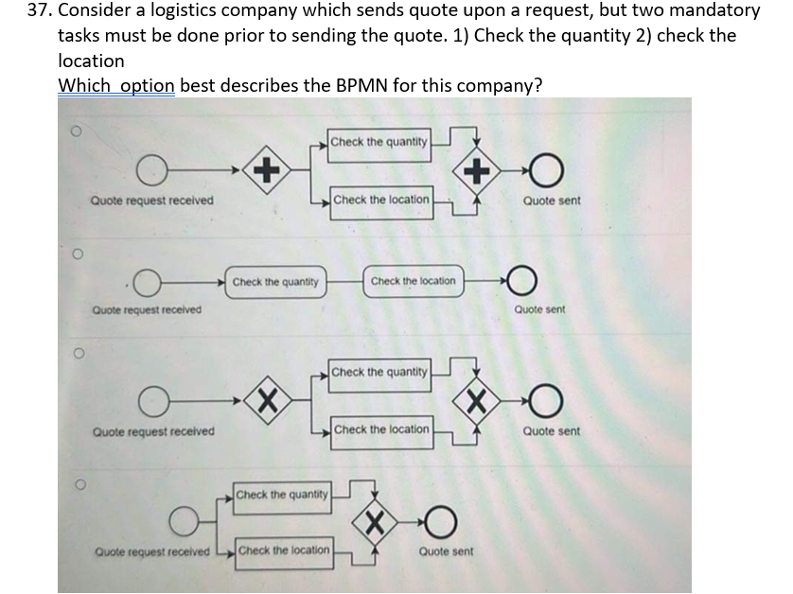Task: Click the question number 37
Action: tap(39, 11)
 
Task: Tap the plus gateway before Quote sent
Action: tap(477, 171)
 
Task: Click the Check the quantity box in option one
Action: tap(379, 142)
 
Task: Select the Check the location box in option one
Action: tap(381, 200)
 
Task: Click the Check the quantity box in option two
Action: tap(274, 282)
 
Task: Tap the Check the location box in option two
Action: tap(413, 281)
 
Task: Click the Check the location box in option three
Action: tap(381, 429)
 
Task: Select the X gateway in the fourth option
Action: tap(376, 520)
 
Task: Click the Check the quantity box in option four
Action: tap(282, 495)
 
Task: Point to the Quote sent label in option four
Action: tap(446, 550)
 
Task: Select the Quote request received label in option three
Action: tap(152, 431)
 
